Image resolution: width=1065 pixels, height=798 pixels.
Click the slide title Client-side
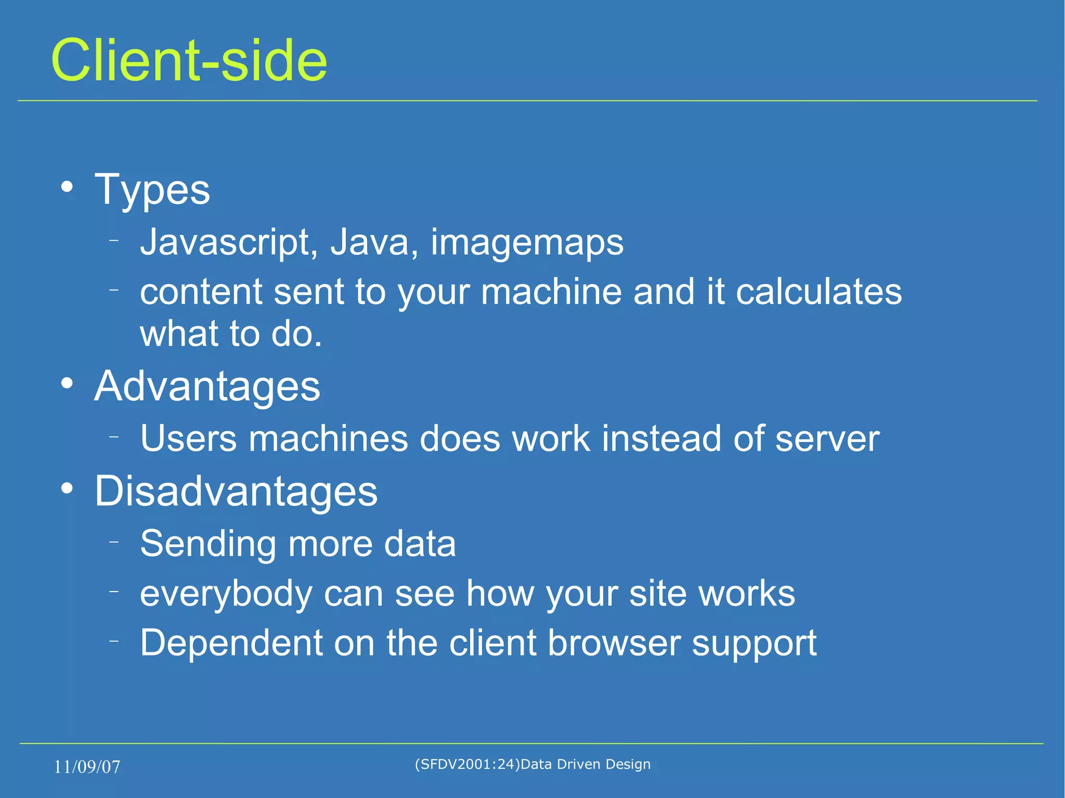(x=189, y=61)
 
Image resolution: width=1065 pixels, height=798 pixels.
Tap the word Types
(x=152, y=190)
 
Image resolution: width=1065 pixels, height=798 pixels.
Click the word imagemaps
(x=527, y=243)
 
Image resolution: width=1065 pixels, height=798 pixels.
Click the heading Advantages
(x=207, y=387)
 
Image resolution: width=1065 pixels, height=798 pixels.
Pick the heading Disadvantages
(x=236, y=491)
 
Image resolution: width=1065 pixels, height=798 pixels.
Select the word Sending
(x=207, y=544)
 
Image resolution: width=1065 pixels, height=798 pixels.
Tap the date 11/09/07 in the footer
(x=87, y=767)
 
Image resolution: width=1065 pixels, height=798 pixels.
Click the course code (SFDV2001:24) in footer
(x=467, y=764)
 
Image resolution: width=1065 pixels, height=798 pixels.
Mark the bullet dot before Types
(x=67, y=187)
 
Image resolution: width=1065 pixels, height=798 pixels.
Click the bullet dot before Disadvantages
(x=67, y=489)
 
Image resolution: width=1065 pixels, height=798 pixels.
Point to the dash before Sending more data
(x=114, y=542)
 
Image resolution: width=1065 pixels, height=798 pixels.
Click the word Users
(x=188, y=439)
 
